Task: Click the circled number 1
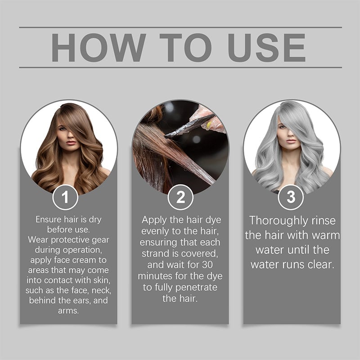(x=65, y=197)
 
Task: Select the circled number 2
(x=180, y=197)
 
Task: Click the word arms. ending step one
(x=68, y=311)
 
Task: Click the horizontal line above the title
(x=180, y=27)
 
